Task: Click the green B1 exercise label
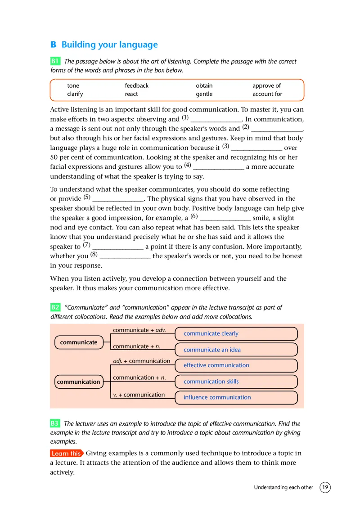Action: [55, 61]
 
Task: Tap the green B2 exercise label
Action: [55, 307]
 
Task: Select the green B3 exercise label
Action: [55, 423]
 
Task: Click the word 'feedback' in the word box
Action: [136, 85]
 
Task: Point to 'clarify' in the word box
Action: [75, 94]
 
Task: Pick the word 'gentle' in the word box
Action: [204, 94]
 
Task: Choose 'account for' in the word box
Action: [267, 94]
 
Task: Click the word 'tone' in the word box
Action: [73, 85]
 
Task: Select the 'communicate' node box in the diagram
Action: [79, 342]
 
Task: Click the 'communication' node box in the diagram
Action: [79, 382]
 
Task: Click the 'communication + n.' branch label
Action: [139, 377]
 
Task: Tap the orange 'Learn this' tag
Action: [67, 454]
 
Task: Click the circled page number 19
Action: [325, 487]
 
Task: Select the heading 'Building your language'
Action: [109, 45]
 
